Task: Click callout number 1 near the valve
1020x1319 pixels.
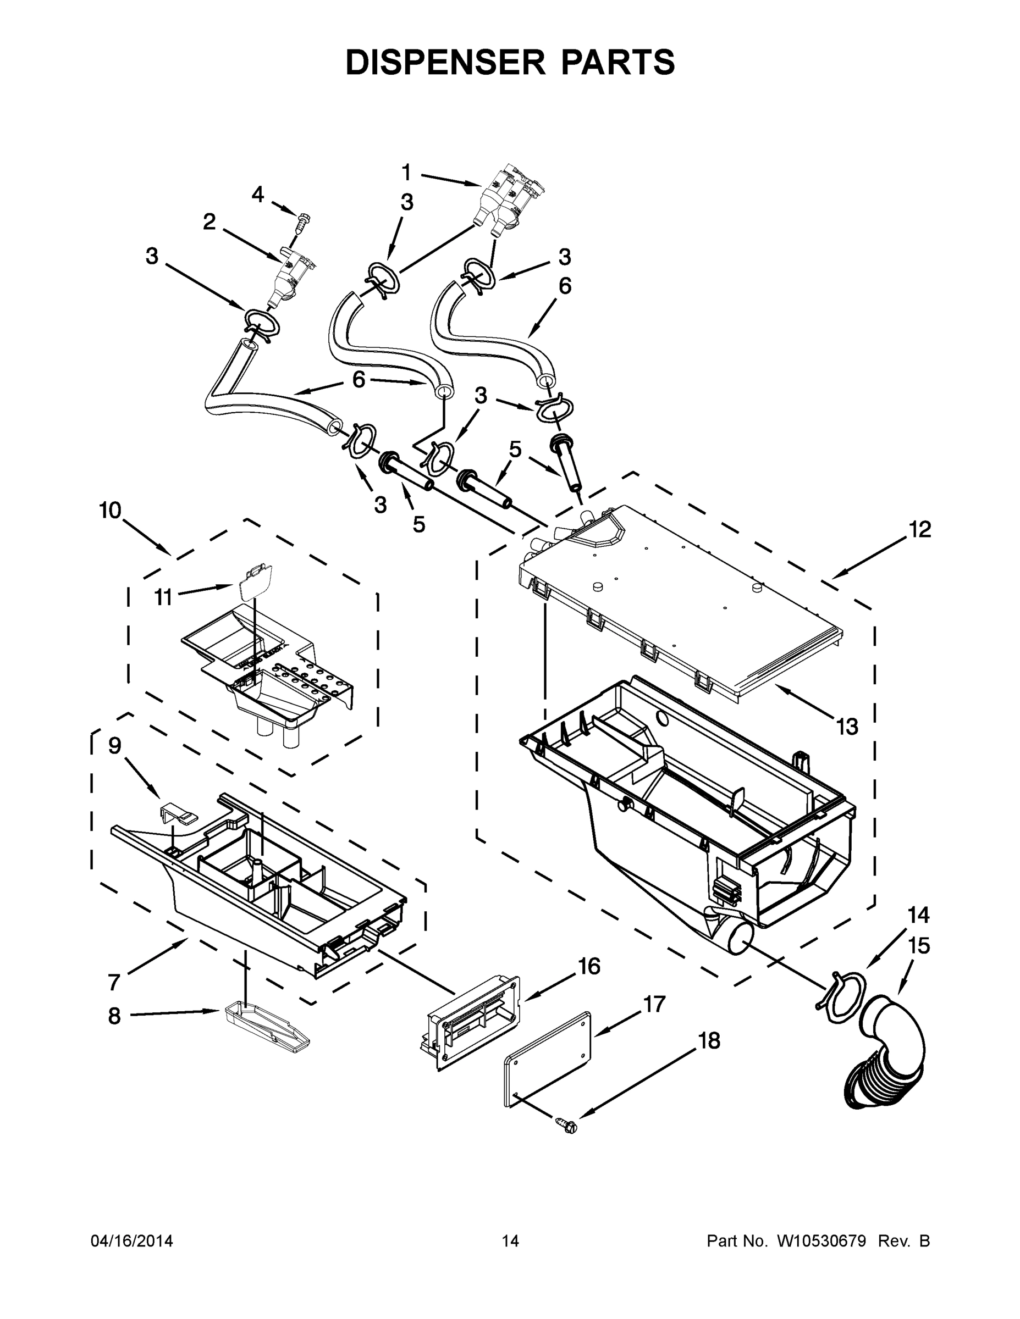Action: pos(407,173)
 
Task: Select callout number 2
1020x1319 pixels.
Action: pos(209,222)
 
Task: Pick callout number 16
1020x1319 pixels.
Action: pos(589,966)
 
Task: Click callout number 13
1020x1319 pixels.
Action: pos(847,727)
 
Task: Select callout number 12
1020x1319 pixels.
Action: pos(920,529)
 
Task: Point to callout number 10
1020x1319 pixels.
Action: pos(111,511)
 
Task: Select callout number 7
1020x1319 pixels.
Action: pos(114,983)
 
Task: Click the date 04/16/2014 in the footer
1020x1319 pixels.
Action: pos(132,1242)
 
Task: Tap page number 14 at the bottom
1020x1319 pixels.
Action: pos(511,1242)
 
